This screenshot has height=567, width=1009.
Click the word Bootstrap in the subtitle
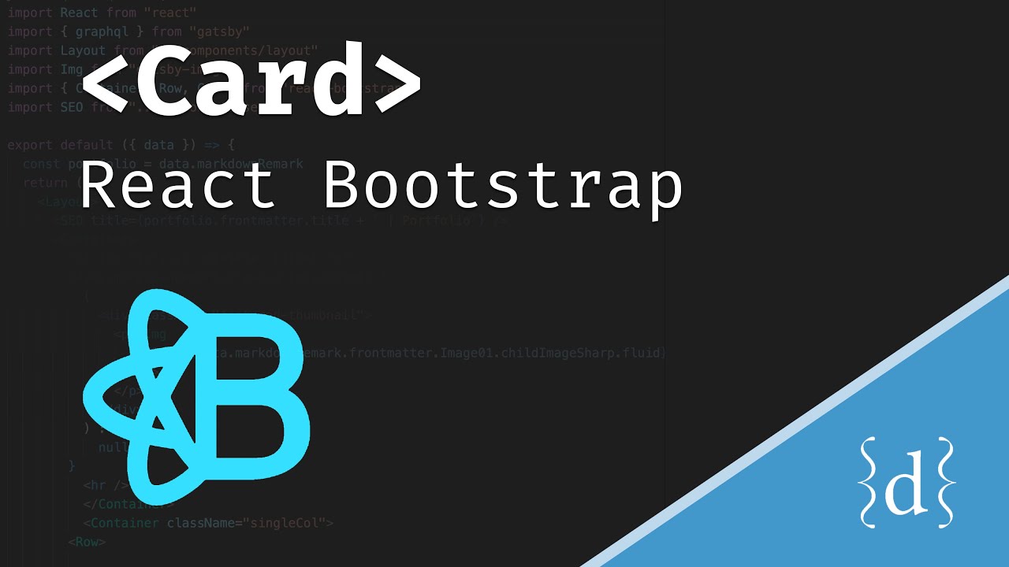pos(503,186)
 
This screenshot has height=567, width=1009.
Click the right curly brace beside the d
pos(944,482)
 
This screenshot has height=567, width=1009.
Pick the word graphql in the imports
pos(102,31)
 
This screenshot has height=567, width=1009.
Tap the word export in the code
pos(30,145)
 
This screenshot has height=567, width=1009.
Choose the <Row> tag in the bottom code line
pos(87,542)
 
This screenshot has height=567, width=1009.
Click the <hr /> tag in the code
pos(106,485)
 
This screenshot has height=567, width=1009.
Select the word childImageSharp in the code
pos(549,353)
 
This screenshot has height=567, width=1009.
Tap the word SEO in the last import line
pos(71,107)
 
